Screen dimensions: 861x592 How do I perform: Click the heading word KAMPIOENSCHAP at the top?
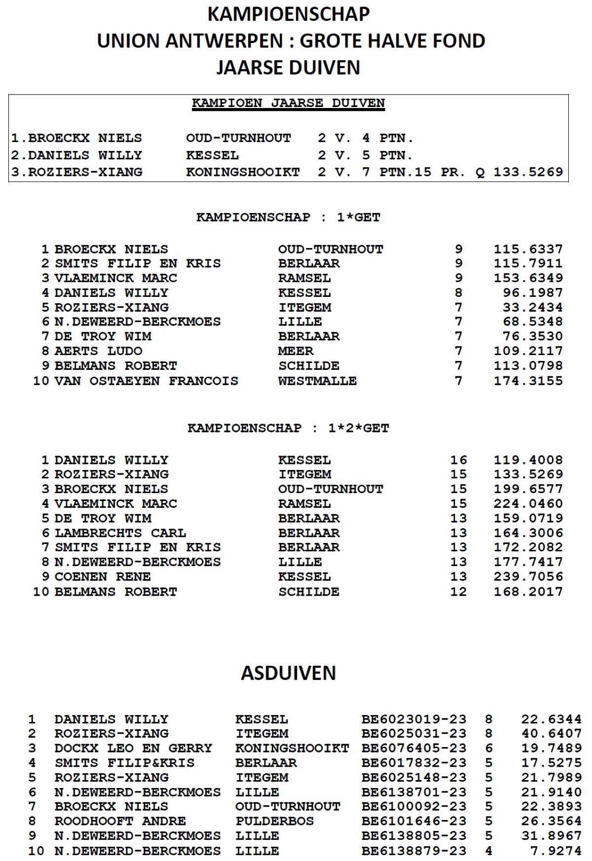point(288,14)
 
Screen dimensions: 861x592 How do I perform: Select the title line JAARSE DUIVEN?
point(288,68)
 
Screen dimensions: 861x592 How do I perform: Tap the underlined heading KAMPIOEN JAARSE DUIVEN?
point(288,103)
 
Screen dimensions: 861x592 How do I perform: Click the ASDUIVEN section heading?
point(288,673)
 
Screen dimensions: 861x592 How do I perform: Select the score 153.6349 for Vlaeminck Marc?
point(528,278)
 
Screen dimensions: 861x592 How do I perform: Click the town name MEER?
point(296,351)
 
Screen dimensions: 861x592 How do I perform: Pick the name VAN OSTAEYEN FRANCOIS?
point(147,381)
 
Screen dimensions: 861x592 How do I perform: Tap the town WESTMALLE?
point(317,381)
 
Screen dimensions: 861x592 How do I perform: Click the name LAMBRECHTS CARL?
point(120,533)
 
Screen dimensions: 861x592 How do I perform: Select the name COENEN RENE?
point(103,577)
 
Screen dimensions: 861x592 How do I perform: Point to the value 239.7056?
point(528,577)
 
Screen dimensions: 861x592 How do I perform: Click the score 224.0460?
point(528,504)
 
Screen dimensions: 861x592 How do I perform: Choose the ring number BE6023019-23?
point(413,719)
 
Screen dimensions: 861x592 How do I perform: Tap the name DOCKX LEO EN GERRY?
point(133,749)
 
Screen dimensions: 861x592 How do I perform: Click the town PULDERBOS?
point(274,822)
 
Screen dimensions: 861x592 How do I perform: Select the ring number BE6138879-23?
point(413,851)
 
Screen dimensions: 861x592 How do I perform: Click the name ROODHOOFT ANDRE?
point(120,822)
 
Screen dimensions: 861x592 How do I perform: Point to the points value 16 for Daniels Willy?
point(458,460)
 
